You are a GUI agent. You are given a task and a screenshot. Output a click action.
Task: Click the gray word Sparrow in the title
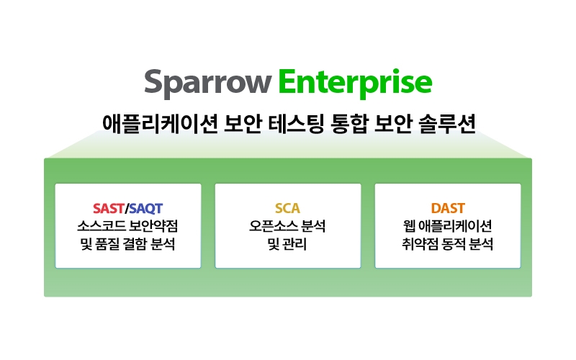coord(207,84)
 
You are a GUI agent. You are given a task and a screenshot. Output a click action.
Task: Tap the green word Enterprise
coord(355,84)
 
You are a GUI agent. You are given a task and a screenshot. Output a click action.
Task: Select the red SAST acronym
coord(109,208)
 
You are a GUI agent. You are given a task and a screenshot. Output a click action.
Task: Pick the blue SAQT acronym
coord(146,209)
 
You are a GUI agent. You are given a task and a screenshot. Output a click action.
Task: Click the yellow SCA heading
coord(287,208)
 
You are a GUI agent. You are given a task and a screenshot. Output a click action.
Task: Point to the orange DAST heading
coord(448,208)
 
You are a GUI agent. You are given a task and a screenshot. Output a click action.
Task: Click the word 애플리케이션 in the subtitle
coord(160,123)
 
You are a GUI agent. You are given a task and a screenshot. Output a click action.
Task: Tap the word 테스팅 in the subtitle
coord(296,123)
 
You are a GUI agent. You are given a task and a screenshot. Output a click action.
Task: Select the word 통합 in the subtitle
coord(348,123)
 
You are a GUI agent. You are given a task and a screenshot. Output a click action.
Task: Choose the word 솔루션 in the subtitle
coord(447,123)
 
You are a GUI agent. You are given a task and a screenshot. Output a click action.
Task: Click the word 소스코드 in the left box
coord(101,226)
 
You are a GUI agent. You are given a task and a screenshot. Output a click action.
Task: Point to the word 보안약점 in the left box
coord(153,226)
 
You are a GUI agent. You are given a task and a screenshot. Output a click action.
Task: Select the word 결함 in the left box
coord(135,244)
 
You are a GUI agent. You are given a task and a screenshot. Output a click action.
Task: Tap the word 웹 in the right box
coord(409,226)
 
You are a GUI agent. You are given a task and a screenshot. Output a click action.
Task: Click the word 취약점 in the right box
coord(420,244)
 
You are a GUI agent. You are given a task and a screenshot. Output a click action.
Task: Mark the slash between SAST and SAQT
coord(127,209)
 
